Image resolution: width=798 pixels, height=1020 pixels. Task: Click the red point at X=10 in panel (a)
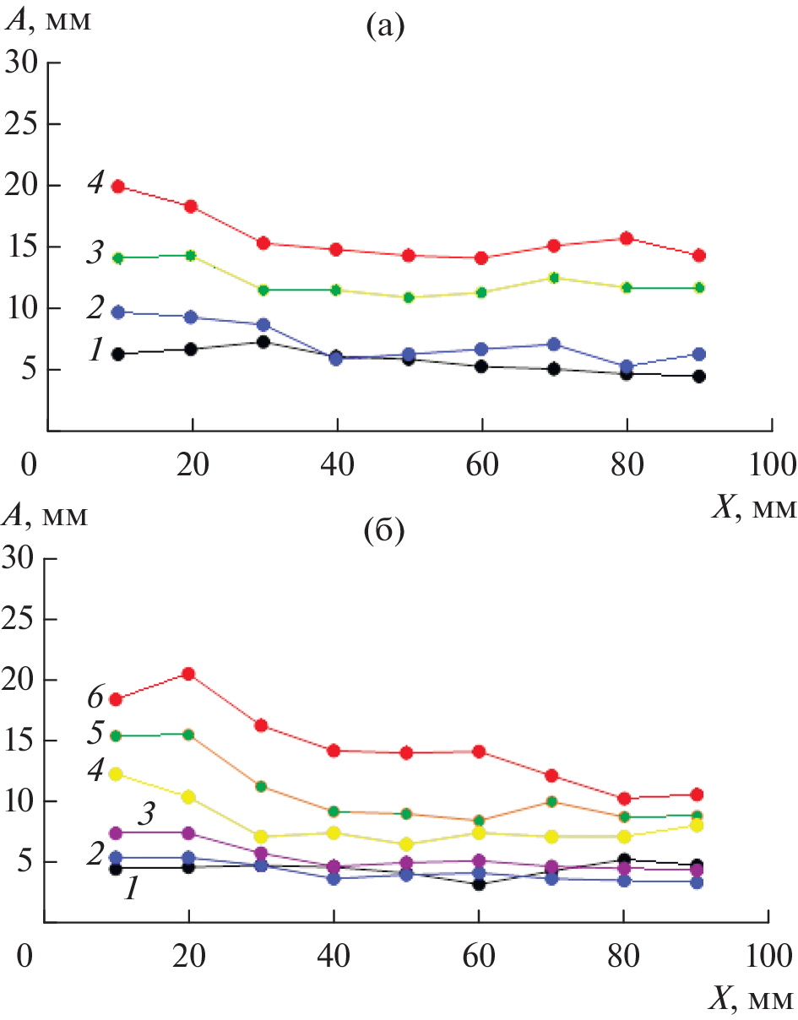click(119, 187)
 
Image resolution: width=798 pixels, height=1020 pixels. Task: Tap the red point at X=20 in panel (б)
click(189, 674)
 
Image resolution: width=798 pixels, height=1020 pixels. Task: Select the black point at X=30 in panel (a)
click(263, 342)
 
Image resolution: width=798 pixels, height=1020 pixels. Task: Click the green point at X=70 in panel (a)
click(554, 278)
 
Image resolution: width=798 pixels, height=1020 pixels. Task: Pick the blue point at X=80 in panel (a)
click(627, 367)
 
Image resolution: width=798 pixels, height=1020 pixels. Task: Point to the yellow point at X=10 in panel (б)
click(117, 773)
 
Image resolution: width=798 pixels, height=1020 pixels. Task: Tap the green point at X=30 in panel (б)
click(262, 786)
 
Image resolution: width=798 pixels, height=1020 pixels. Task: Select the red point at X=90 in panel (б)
click(698, 795)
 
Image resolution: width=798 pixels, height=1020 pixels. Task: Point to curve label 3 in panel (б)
click(146, 816)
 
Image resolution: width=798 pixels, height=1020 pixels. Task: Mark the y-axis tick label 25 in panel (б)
click(23, 619)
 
